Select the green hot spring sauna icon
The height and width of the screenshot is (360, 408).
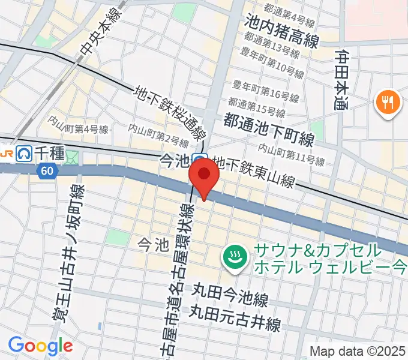[x=233, y=258]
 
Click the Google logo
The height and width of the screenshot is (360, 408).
[x=40, y=346]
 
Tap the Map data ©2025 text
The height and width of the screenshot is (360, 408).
[x=358, y=351]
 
